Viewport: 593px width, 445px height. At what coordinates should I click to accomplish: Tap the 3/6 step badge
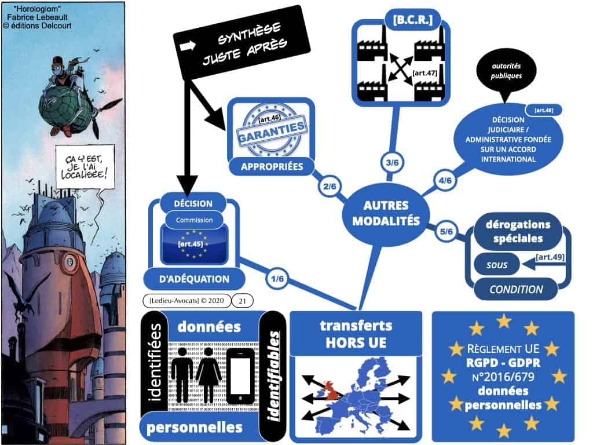click(392, 163)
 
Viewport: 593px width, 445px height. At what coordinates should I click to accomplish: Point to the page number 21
click(242, 300)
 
